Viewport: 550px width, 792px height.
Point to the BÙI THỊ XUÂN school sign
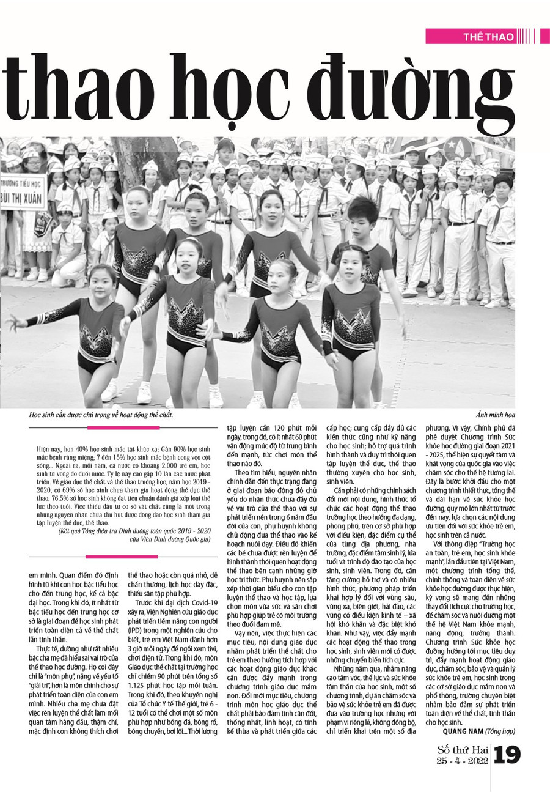(23, 201)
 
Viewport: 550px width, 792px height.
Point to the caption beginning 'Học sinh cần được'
(101, 415)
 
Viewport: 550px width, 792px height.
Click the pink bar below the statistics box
(122, 557)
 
